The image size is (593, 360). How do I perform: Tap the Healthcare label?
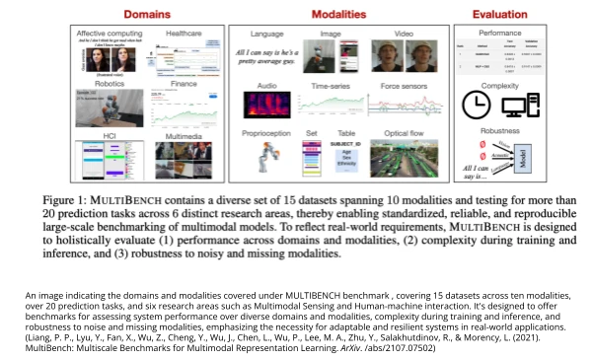(x=184, y=34)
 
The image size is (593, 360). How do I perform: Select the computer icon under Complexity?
(x=519, y=105)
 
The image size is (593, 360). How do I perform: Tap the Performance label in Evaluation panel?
(x=499, y=34)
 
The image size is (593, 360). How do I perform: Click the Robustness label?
(x=499, y=129)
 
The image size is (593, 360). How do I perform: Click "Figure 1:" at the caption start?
(x=64, y=200)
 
